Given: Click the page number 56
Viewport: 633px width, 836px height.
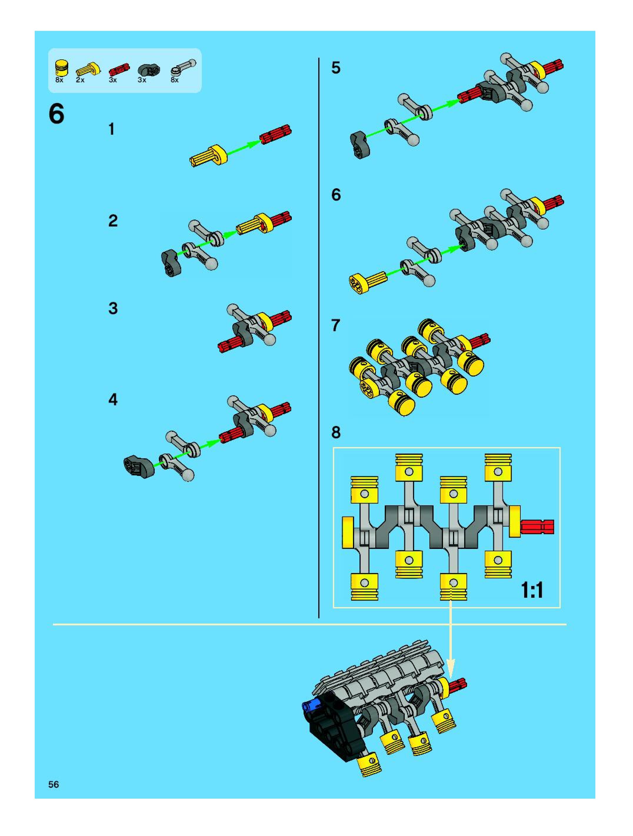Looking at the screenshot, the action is pyautogui.click(x=54, y=784).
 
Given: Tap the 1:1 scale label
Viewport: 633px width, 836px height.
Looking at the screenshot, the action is pyautogui.click(x=532, y=590).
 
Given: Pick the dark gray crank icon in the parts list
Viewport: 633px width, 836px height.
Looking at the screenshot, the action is pyautogui.click(x=149, y=70).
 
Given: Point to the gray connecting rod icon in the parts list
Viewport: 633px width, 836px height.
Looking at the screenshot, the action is pyautogui.click(x=183, y=68).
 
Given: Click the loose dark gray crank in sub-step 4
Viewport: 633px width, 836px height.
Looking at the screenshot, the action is pyautogui.click(x=139, y=467).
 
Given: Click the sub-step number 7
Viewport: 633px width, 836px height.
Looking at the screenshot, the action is pyautogui.click(x=336, y=325).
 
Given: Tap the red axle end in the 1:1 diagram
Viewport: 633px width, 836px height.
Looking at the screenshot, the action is pyautogui.click(x=537, y=527).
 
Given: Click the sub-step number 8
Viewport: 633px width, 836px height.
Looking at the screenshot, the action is pyautogui.click(x=336, y=432).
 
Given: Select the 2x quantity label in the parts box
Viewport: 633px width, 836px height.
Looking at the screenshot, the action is pyautogui.click(x=80, y=80).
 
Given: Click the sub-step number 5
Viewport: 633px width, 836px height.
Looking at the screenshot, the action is pyautogui.click(x=336, y=68).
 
